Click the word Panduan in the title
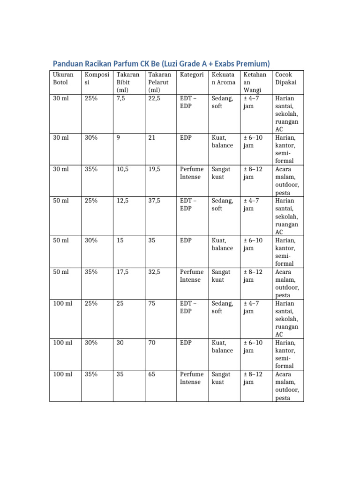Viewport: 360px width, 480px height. [70, 63]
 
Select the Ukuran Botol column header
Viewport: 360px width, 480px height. [63, 78]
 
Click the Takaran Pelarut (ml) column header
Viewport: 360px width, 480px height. [159, 82]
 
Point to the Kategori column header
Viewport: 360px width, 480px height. [191, 75]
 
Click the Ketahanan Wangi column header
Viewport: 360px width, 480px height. [255, 82]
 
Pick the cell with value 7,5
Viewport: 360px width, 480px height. [121, 98]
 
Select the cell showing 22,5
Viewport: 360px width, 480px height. [154, 98]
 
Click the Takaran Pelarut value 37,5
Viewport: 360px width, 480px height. [154, 201]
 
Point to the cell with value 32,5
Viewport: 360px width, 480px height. [154, 272]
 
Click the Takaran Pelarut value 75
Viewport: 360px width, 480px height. [152, 303]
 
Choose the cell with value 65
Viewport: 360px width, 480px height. [152, 374]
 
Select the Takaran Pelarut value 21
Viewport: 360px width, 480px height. [151, 138]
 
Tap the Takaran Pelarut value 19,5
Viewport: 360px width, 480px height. [154, 169]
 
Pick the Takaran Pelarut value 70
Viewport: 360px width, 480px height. [152, 343]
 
